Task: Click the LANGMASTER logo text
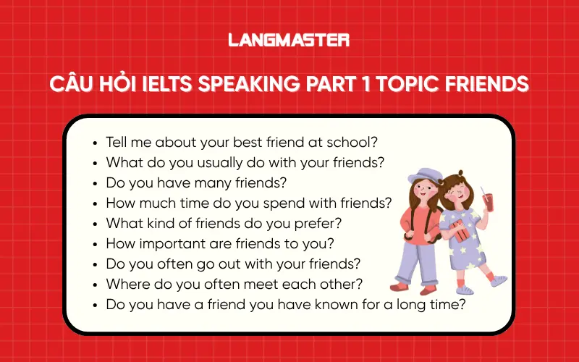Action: coord(289,40)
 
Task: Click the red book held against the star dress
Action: coord(460,232)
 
